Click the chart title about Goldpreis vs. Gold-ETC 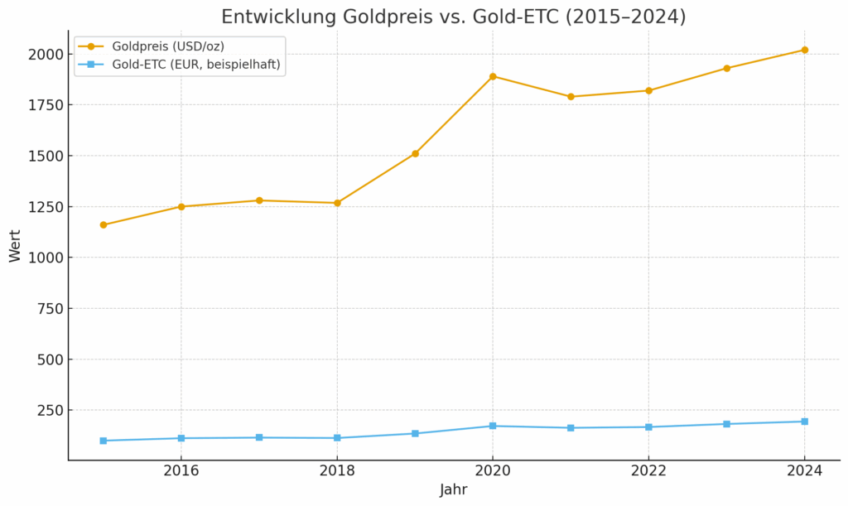coord(453,17)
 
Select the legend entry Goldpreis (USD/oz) coord(168,46)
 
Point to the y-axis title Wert coord(15,246)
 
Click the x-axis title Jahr coord(453,490)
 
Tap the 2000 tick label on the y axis coord(46,54)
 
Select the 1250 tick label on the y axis coord(46,207)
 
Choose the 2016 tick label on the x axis coord(181,470)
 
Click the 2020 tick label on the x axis coord(493,470)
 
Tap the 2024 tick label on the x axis coord(804,470)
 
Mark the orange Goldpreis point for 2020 coord(493,76)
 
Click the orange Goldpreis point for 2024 coord(804,50)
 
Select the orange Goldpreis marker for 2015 coord(104,224)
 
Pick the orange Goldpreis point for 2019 coord(415,153)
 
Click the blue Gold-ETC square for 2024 coord(804,422)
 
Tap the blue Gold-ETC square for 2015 coord(104,441)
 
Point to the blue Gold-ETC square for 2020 coord(493,426)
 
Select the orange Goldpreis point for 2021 coord(571,97)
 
